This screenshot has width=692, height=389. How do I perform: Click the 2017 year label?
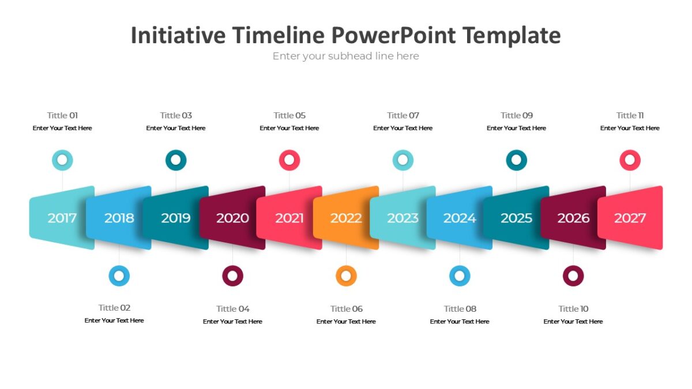(62, 218)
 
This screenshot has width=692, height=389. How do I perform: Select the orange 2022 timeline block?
(346, 218)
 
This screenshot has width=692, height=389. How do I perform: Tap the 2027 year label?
(630, 218)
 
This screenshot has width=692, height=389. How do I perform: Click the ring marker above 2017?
(62, 160)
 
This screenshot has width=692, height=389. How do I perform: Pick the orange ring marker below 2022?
(346, 276)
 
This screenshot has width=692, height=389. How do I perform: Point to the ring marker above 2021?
(289, 160)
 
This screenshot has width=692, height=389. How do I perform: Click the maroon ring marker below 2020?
(232, 276)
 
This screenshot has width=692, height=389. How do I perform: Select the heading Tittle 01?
(62, 115)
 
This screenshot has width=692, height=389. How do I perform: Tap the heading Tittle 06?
(346, 308)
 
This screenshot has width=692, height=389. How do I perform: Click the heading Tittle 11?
(630, 115)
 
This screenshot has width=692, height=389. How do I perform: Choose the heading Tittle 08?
(460, 308)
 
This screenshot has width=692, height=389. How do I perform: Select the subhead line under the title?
(345, 56)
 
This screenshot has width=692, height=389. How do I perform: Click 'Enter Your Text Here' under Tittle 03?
(176, 128)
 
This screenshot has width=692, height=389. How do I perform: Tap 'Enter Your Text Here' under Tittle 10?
(573, 321)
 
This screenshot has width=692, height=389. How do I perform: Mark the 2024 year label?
(460, 218)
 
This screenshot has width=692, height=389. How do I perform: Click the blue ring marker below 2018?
(119, 276)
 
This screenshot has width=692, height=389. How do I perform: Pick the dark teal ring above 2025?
(516, 160)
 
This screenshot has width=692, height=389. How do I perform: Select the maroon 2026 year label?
(573, 218)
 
